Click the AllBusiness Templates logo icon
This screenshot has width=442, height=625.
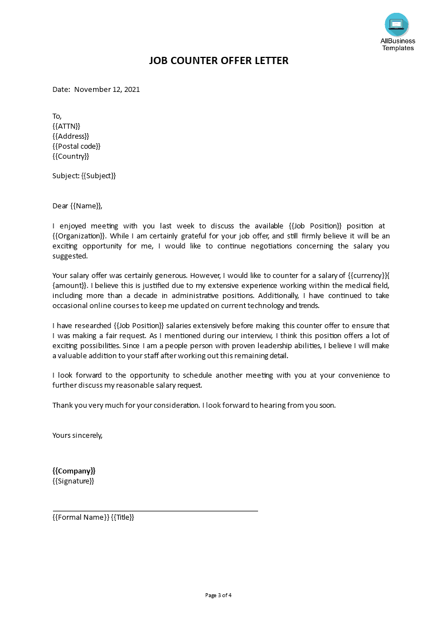(396, 25)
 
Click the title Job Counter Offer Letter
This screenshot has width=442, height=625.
(218, 61)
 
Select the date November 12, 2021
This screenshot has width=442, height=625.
(107, 89)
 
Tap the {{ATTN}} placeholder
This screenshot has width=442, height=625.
(66, 126)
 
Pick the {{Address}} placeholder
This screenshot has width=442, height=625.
(71, 136)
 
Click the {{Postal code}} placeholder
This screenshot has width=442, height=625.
(76, 146)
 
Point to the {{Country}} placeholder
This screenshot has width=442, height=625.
(71, 156)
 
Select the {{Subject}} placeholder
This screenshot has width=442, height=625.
(99, 175)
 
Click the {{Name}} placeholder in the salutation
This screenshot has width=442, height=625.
(86, 206)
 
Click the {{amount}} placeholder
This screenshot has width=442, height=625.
(71, 285)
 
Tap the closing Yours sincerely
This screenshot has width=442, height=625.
(77, 435)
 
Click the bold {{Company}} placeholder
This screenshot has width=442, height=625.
(74, 471)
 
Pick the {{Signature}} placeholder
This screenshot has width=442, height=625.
(74, 481)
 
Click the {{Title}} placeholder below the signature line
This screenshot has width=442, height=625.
(123, 517)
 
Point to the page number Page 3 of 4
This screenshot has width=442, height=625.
(218, 595)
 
